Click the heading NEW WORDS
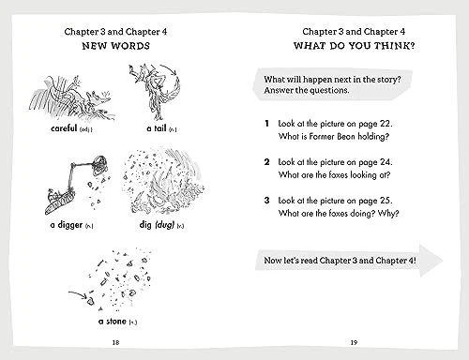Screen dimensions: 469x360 [x=116, y=46]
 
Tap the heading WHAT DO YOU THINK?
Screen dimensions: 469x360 [x=354, y=46]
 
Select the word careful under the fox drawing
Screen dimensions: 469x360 [x=64, y=128]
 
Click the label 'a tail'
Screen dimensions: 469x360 [x=157, y=128]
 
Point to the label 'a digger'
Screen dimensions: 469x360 [x=67, y=225]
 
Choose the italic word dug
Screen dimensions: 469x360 [x=165, y=225]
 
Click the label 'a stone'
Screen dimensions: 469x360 [x=113, y=322]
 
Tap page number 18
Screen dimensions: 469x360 [x=115, y=342]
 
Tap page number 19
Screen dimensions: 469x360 [x=354, y=342]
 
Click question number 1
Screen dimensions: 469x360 [x=266, y=124]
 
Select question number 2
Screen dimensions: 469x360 [x=266, y=162]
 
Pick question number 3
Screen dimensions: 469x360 [x=266, y=201]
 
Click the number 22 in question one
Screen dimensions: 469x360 [x=386, y=124]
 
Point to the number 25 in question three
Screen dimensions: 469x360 [x=386, y=201]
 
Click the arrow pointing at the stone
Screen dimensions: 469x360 [x=78, y=293]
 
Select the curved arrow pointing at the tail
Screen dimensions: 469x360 [x=169, y=68]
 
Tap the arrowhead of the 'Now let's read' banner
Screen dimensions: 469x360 [x=431, y=261]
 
